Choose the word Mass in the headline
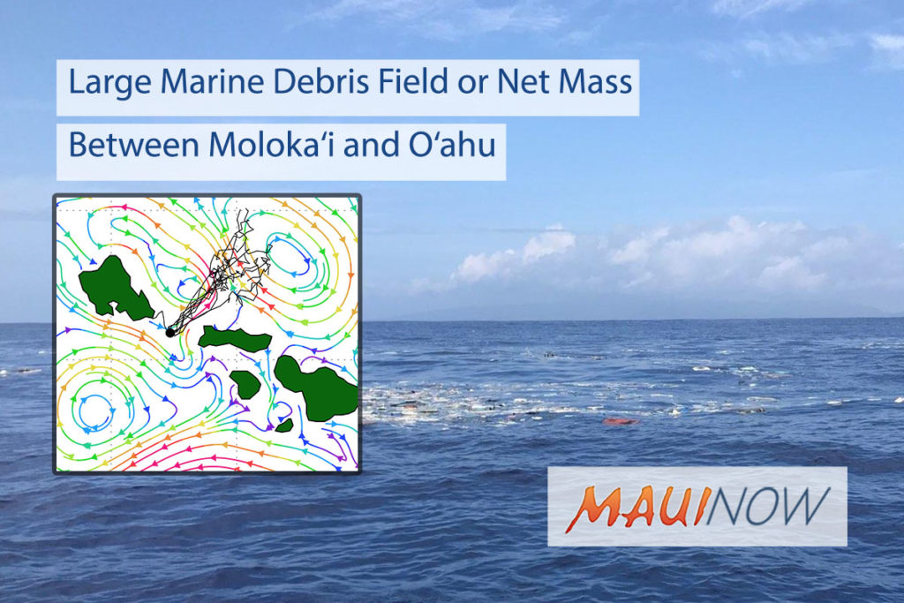595,81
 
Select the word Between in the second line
133,144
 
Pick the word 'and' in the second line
373,144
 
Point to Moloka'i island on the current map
235,338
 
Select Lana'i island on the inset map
246,384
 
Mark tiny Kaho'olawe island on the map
284,426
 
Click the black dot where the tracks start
170,333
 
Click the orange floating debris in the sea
621,421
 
